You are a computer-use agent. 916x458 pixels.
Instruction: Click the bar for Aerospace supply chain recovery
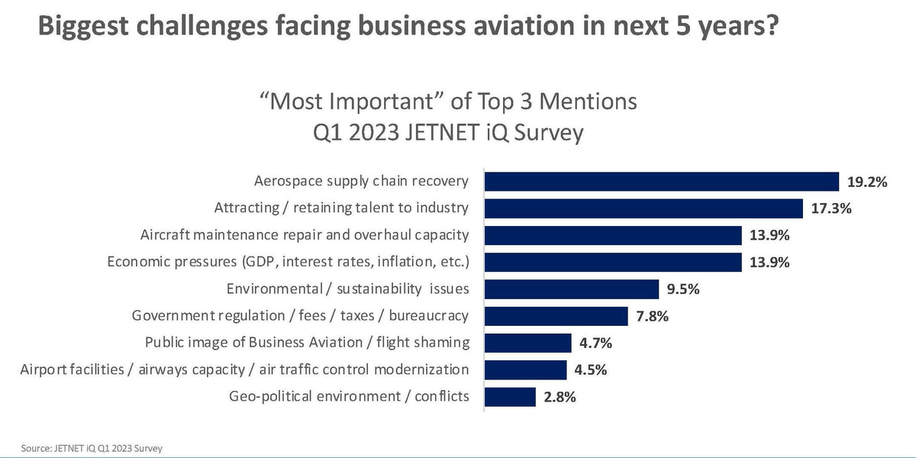point(662,182)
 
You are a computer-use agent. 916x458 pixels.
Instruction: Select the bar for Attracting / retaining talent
point(643,208)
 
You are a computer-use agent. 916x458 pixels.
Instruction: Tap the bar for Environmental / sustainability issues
point(572,289)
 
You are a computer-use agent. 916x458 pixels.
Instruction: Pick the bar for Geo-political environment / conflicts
point(510,397)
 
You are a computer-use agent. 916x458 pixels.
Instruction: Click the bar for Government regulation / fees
point(556,316)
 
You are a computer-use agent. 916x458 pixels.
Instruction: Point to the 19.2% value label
point(867,182)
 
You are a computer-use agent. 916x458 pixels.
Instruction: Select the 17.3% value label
point(831,208)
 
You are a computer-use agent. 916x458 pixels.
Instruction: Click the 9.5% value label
point(683,289)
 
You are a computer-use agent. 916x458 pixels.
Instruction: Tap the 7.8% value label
point(652,316)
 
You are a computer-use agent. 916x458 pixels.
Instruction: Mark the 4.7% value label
point(595,343)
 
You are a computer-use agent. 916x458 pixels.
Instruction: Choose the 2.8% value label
point(560,397)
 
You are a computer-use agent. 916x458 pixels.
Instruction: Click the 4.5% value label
point(591,370)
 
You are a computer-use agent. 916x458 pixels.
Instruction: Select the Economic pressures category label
point(288,262)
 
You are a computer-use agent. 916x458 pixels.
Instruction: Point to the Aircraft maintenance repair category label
point(305,235)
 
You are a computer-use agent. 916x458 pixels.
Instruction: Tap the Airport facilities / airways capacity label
point(244,370)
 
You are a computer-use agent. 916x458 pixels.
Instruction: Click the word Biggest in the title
point(82,27)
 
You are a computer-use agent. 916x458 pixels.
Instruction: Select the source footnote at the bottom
point(92,448)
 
